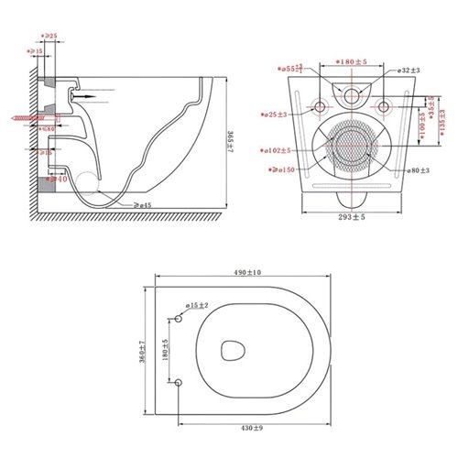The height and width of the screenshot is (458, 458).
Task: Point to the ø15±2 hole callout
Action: [x=197, y=305]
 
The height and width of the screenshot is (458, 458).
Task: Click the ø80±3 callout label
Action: [x=419, y=170]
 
